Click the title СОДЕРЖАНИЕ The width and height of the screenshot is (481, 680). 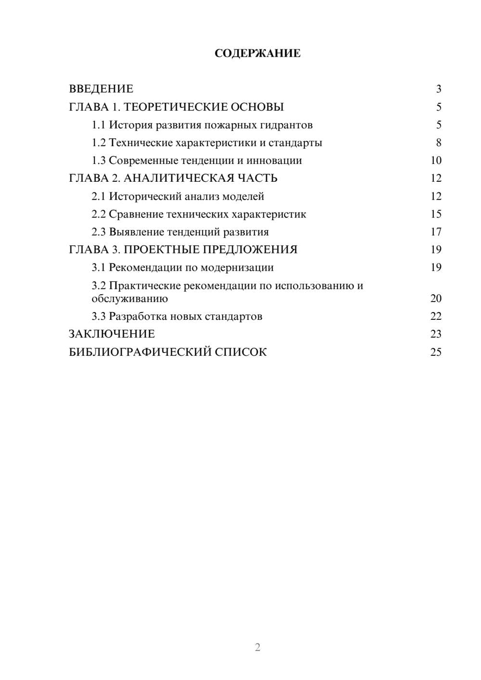pyautogui.click(x=257, y=53)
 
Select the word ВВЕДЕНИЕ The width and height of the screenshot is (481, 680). pyautogui.click(x=101, y=89)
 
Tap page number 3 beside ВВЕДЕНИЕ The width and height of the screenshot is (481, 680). pyautogui.click(x=438, y=89)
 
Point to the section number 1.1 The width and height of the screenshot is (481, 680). pyautogui.click(x=99, y=125)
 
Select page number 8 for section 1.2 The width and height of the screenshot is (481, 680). pyautogui.click(x=438, y=143)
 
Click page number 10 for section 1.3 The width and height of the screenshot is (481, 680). pyautogui.click(x=436, y=161)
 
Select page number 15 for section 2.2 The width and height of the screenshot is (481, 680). pyautogui.click(x=436, y=214)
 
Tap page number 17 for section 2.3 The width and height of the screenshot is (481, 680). pyautogui.click(x=436, y=232)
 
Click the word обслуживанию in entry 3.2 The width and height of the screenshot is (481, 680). pyautogui.click(x=130, y=299)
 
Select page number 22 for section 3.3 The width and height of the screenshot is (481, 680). pyautogui.click(x=436, y=316)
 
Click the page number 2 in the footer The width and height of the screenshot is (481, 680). pyautogui.click(x=257, y=647)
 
